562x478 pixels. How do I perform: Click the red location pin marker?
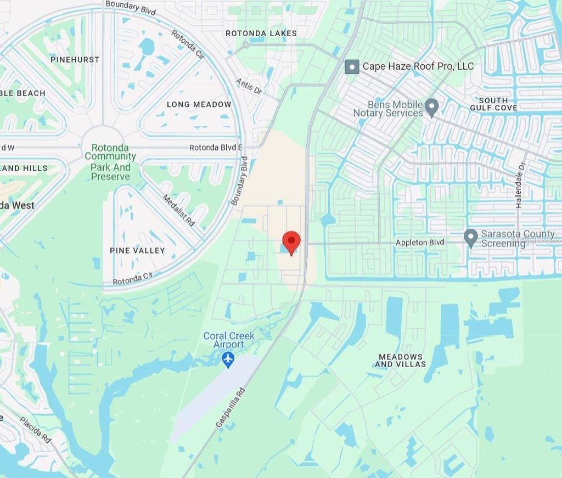point(291,242)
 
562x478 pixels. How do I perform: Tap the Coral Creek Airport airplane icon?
point(228,360)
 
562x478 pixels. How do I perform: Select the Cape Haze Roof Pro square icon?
point(352,66)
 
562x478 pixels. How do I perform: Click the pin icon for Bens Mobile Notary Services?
point(432,107)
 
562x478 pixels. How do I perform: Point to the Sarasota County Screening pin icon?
point(470,238)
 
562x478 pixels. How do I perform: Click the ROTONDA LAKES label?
point(261,33)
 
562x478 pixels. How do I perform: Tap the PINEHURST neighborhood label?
point(75,59)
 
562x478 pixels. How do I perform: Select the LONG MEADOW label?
point(199,104)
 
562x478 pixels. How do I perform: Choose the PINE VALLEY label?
point(137,250)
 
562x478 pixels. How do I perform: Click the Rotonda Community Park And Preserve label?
point(110,162)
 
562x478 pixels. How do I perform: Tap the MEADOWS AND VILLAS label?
point(401,361)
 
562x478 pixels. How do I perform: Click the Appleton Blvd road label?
point(420,243)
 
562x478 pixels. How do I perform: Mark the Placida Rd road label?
point(35,430)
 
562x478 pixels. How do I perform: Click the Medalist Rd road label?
point(179,210)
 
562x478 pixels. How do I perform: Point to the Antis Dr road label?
point(249,86)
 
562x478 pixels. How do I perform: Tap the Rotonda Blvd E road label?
point(216,148)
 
